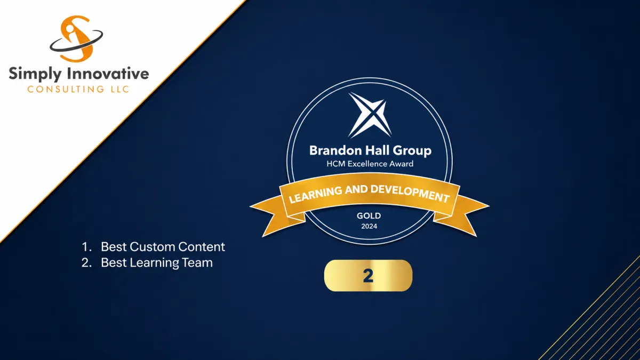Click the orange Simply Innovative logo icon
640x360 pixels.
[76, 38]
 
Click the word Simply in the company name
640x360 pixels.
[35, 74]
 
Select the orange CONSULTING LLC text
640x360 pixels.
[78, 89]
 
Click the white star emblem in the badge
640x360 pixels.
[370, 115]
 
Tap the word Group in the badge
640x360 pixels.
[412, 151]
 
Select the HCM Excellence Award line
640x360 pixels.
[370, 164]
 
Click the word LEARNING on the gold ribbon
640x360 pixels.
[315, 194]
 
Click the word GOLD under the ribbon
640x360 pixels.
[369, 215]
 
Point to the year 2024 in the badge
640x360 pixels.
[369, 226]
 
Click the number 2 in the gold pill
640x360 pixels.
[368, 276]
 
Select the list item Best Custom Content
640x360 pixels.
[163, 247]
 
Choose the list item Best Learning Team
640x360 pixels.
[157, 263]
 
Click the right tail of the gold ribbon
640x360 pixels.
[463, 214]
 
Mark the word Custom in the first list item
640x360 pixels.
[150, 247]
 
